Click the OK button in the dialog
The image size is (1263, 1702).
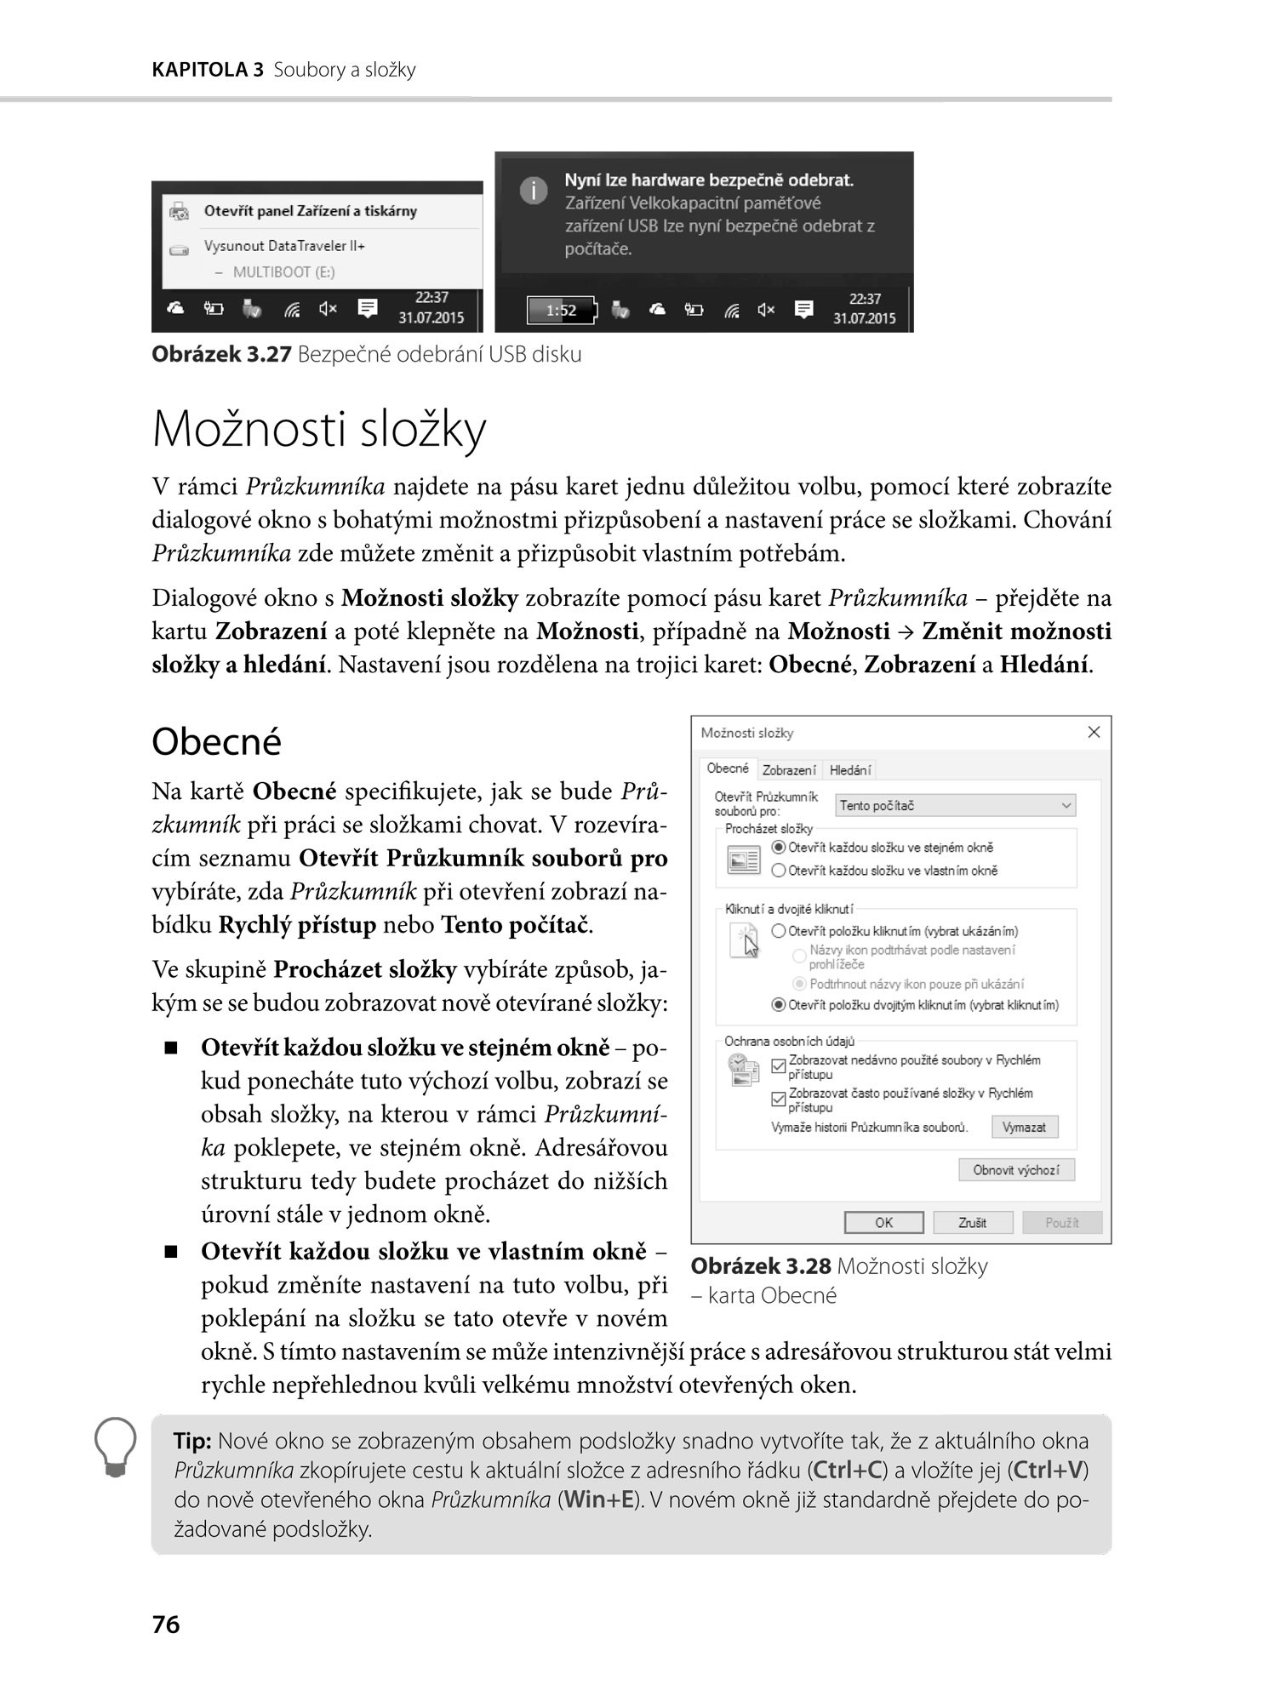point(883,1223)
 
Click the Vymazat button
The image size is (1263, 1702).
point(1024,1127)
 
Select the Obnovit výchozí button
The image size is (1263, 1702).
point(1016,1170)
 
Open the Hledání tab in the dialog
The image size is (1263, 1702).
point(849,770)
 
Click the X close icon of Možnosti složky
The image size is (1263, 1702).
point(1094,733)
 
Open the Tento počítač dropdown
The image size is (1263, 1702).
point(956,805)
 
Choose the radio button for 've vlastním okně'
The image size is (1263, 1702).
point(778,871)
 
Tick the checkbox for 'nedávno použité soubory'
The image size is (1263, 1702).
point(778,1066)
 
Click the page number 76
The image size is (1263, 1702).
point(166,1625)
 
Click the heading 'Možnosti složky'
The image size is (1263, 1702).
point(318,429)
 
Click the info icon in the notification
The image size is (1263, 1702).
point(534,191)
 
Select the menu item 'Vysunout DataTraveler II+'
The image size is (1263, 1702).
point(284,246)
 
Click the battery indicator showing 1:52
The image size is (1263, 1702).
point(562,311)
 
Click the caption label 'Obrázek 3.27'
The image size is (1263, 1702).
point(221,355)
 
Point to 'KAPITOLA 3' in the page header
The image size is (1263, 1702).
point(208,70)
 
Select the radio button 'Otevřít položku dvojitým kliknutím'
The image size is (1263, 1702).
point(778,1005)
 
